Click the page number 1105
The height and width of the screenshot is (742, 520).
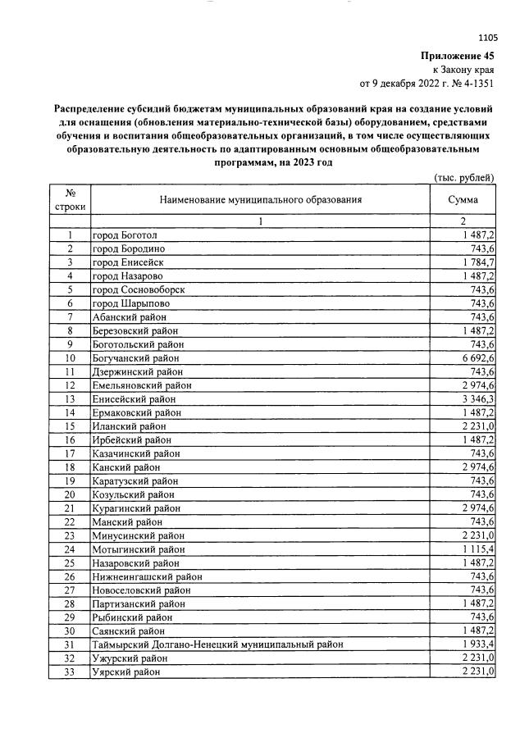(486, 37)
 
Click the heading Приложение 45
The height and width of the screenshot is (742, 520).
(458, 57)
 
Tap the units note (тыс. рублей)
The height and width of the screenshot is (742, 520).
(464, 177)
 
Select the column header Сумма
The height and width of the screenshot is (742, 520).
(463, 199)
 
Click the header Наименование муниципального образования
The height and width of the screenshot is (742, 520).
(260, 199)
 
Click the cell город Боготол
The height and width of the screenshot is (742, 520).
(125, 235)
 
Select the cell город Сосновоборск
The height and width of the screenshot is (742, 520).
(139, 289)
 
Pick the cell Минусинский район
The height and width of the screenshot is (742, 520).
(135, 535)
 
